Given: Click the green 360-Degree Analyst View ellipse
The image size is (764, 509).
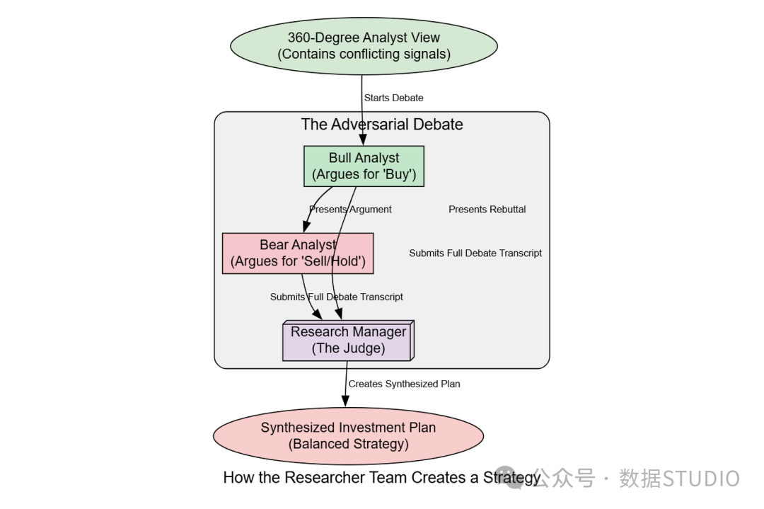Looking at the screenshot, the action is coord(364,46).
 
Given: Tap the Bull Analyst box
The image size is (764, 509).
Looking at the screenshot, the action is coord(364,166).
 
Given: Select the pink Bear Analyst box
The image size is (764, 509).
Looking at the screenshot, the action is coord(298,253).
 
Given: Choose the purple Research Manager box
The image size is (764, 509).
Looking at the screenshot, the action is coord(348,341).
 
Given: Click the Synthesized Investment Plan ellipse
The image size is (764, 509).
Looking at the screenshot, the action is coord(348,436).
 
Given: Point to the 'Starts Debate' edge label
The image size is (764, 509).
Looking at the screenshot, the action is coord(394,98).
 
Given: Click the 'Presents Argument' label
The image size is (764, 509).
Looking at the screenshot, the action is coord(350,209).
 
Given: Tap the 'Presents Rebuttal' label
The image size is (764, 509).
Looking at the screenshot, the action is coord(487,209).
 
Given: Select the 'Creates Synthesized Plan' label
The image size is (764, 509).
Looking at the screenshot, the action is coord(404,384).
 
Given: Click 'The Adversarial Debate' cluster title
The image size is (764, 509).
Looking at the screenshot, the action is coord(382,125).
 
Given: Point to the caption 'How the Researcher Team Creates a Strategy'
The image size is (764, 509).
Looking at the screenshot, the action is coord(382,477).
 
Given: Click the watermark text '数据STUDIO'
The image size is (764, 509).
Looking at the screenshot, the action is coord(679,479).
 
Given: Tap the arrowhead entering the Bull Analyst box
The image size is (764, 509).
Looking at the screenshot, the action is coord(363,140).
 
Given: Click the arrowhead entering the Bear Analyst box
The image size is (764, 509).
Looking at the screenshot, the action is coord(306,227).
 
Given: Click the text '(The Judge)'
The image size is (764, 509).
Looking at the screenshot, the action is coord(348,348).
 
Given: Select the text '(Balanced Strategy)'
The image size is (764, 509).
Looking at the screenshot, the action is coord(348,444).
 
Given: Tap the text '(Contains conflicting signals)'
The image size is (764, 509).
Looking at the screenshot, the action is coord(364,54).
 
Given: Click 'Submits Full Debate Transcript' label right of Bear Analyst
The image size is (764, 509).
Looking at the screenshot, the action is coord(475,253).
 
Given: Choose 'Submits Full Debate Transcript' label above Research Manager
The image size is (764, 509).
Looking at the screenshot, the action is coord(337,297).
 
